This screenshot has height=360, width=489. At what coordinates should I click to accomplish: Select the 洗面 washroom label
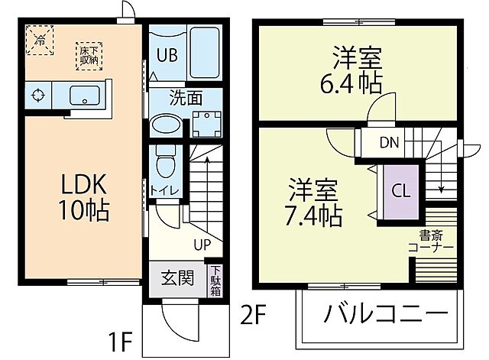pos(185,97)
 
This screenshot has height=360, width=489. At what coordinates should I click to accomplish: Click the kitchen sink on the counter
pos(84,96)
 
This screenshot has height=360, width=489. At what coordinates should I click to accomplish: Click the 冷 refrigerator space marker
pos(40,37)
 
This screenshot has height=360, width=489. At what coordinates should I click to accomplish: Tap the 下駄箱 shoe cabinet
pos(216,281)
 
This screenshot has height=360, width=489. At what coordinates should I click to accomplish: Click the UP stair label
pos(202,245)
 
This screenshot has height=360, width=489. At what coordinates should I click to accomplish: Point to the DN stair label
pos(390,141)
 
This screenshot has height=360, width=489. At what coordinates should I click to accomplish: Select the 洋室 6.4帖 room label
pos(357,70)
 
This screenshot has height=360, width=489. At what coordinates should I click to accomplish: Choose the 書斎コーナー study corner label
pos(431,242)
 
